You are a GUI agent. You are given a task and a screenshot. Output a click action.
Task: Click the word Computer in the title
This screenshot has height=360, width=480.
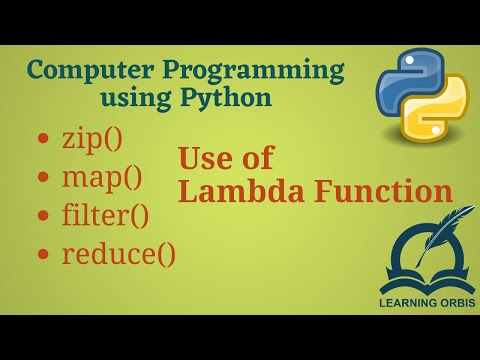coord(84,73)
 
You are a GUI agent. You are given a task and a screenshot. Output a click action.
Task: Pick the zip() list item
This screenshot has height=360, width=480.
coord(91,139)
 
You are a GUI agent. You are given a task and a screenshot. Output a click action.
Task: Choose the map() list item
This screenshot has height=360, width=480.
coord(101,179)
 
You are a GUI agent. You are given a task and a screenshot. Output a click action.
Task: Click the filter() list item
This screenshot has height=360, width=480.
coord(105,216)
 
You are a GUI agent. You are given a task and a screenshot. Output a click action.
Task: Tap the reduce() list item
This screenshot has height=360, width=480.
coord(118,253)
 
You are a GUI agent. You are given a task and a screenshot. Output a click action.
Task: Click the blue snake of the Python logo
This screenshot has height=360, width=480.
coord(400,84)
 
